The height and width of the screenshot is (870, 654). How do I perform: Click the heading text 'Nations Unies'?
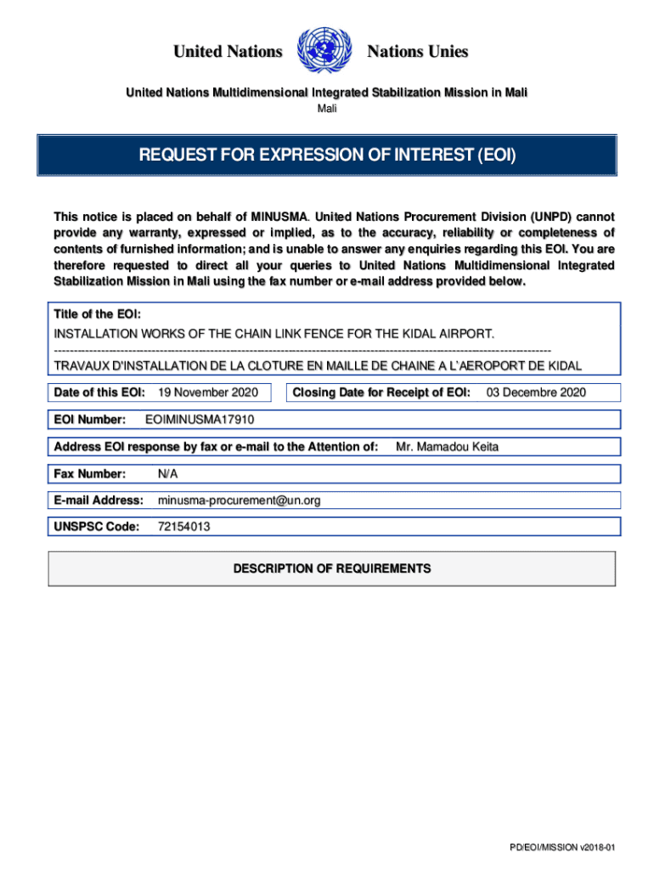pos(417,52)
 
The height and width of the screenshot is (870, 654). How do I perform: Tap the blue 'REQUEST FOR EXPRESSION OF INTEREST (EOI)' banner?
pos(327,155)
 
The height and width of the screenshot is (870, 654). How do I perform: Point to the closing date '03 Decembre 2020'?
pos(535,393)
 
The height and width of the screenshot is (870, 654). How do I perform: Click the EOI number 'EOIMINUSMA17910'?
pos(200,420)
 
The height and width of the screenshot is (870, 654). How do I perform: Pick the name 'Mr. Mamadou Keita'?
pos(448,447)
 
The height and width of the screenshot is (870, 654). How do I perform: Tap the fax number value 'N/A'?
pos(168,473)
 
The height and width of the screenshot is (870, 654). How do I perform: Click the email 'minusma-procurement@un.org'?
pos(240,500)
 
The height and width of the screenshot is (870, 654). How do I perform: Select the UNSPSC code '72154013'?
pos(184,527)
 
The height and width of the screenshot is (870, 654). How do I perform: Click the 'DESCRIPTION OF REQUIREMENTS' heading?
pos(332,568)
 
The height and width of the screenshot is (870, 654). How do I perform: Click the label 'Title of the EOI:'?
pos(91,315)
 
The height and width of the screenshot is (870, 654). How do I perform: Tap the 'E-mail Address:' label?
pos(99,500)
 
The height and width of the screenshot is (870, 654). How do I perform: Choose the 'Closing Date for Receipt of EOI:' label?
pos(381,393)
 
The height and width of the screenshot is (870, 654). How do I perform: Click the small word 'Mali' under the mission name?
pos(327,109)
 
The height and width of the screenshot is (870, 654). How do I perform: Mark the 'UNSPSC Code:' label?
pos(96,527)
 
